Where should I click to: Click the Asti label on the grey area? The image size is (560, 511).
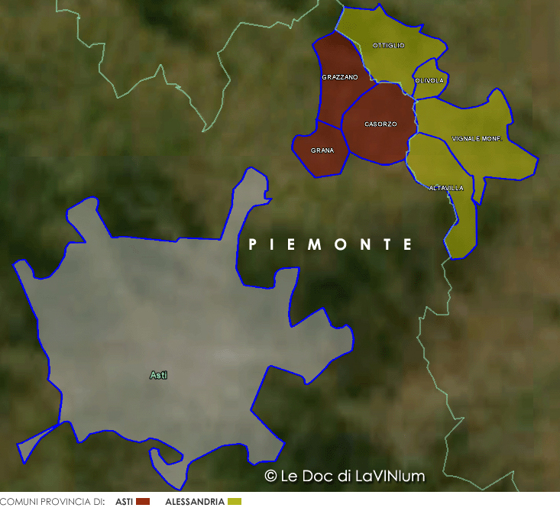coord(158,375)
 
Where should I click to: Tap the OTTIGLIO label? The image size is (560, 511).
coord(389,46)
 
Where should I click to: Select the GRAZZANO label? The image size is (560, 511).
coord(340,77)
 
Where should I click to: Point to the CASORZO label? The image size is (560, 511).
coord(380,124)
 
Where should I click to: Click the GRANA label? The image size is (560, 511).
coord(322,150)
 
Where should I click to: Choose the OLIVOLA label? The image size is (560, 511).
coord(429,80)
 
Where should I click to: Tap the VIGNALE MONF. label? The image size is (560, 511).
coord(476,138)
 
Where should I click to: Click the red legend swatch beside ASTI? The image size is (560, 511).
coord(142,502)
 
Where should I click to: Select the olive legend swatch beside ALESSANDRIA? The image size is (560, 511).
coord(235,502)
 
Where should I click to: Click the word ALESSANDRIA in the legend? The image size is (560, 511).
coord(195,502)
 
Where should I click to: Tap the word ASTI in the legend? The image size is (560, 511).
coord(125,502)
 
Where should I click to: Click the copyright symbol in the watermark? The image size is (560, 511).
coord(270,476)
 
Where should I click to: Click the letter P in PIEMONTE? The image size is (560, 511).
coord(253,244)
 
